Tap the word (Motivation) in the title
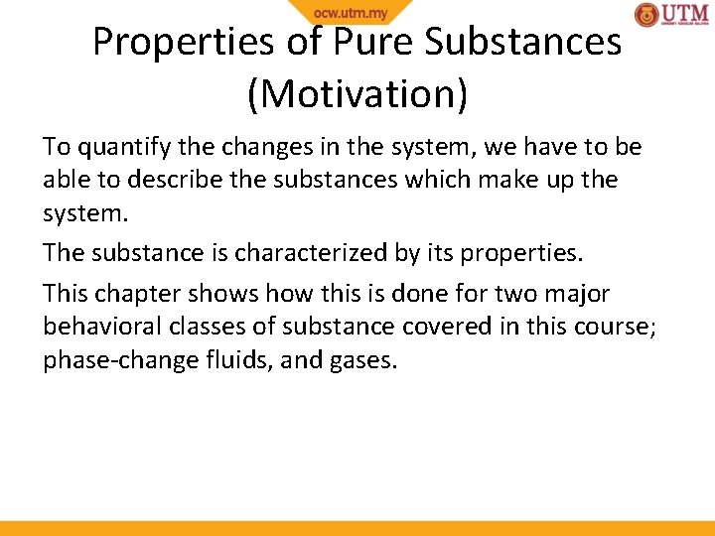click(x=357, y=93)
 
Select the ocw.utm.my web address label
click(x=351, y=13)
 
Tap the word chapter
click(x=133, y=294)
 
